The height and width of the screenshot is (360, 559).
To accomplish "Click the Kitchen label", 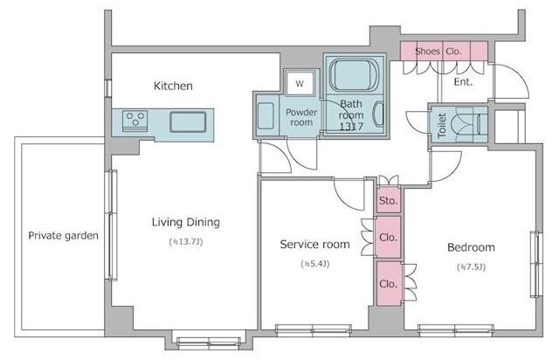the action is (x=173, y=86).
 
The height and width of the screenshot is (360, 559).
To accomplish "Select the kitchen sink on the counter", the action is (x=188, y=122).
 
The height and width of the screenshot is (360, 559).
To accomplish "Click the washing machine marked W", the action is (x=300, y=84).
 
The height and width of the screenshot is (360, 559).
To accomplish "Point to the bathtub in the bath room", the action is (x=353, y=76).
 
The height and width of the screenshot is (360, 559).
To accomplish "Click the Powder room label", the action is (x=301, y=117).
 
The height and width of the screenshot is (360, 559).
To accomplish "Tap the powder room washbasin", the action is (x=266, y=115).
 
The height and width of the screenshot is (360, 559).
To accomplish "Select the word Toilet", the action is (x=442, y=126).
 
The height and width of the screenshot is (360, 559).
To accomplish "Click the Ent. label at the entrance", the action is (x=463, y=82).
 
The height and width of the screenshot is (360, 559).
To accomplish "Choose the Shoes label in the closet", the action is (x=427, y=52).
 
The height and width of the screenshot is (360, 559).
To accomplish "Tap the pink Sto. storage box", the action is (x=388, y=200).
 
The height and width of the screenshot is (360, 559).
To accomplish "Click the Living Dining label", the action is (x=186, y=222).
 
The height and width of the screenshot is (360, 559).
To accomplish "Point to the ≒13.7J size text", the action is (x=186, y=242).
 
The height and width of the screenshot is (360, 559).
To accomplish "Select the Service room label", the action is (x=314, y=245).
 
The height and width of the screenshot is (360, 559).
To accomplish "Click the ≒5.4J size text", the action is (x=314, y=264).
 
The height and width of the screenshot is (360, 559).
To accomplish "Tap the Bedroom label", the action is (x=471, y=247).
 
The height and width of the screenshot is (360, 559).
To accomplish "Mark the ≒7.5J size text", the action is (x=471, y=267).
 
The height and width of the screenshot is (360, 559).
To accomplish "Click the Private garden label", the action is (x=63, y=236).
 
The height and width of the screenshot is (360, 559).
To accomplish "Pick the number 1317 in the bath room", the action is (x=351, y=127).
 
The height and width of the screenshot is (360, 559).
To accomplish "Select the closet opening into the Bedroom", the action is (x=389, y=284).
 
